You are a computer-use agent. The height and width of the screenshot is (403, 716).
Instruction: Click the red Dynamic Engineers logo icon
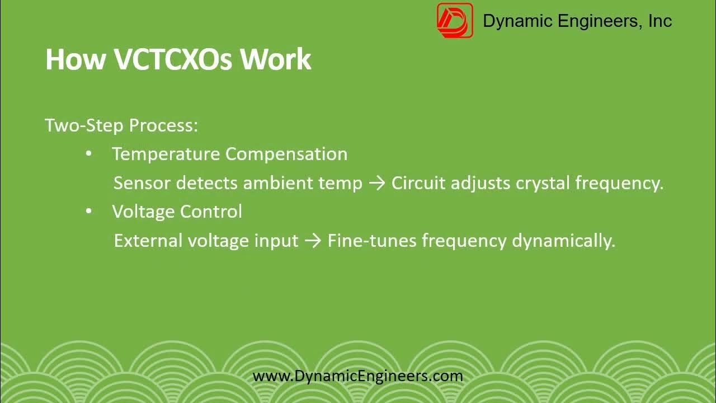click(x=455, y=21)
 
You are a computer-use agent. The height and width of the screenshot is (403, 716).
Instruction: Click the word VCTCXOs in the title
click(x=173, y=59)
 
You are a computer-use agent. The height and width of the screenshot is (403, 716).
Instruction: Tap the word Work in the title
click(x=275, y=59)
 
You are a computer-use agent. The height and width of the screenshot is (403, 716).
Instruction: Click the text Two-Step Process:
click(x=121, y=125)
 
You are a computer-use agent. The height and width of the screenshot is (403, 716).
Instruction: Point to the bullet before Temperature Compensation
click(x=89, y=154)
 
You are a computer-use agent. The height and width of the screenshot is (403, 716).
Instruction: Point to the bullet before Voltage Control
click(x=89, y=212)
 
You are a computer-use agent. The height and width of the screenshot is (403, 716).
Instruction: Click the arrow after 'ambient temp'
click(x=377, y=184)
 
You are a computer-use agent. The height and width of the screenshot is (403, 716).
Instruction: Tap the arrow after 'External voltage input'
click(x=313, y=241)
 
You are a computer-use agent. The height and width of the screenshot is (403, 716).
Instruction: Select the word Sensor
click(x=142, y=183)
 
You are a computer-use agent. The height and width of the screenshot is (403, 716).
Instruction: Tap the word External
click(x=148, y=241)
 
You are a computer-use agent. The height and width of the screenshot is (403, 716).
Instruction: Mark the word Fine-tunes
click(x=372, y=241)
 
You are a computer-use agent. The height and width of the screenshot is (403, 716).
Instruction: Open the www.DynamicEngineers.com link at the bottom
click(x=358, y=376)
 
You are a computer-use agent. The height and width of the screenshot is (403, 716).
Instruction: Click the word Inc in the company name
click(x=660, y=21)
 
